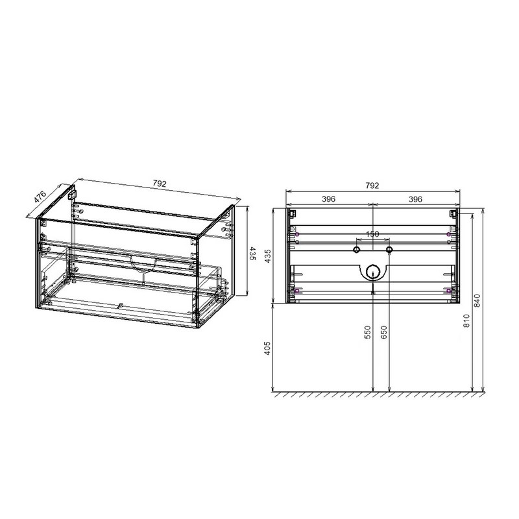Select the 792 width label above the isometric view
tap(160, 184)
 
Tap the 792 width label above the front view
tap(372, 186)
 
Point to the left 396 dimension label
tap(328, 199)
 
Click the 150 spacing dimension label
tap(372, 234)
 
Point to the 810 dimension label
tap(466, 320)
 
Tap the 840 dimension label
tap(479, 300)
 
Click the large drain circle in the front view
tap(372, 272)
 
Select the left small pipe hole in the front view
tap(356, 250)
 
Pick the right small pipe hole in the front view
tap(389, 250)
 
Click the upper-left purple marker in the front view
tap(296, 234)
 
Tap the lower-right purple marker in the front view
tap(448, 291)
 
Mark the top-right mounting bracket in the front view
tap(453, 213)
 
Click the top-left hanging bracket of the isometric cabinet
tap(73, 193)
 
